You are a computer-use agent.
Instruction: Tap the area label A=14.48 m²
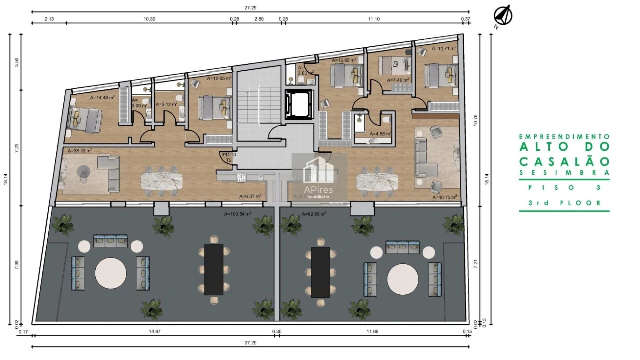[x=102, y=98]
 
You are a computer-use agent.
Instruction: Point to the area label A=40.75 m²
[x=444, y=197]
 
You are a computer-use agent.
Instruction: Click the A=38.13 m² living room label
[x=80, y=150]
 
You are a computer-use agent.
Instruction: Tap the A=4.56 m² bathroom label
[x=380, y=134]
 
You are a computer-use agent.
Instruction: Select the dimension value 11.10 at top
[x=374, y=19]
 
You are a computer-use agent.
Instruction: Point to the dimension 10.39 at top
[x=149, y=19]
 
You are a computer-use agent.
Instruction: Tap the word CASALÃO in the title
[x=564, y=161]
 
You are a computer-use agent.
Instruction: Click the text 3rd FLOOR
[x=564, y=203]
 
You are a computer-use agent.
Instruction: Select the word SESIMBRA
[x=564, y=173]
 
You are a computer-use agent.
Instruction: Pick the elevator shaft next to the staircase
[x=298, y=104]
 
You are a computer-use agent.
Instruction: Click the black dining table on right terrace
[x=320, y=272]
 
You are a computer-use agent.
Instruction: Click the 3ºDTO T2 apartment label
[x=228, y=158]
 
